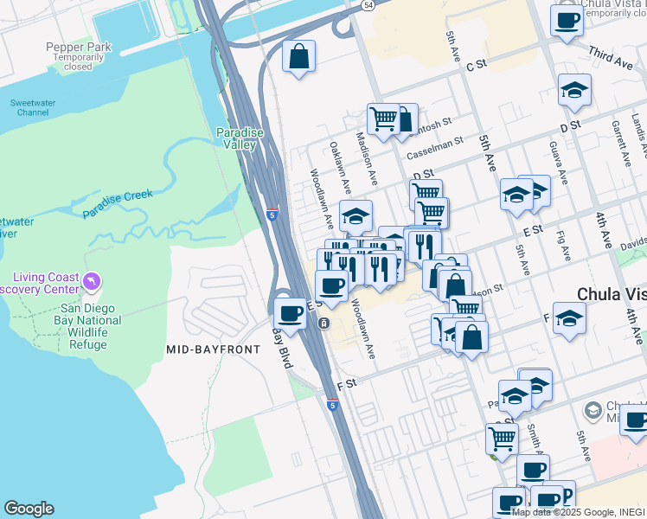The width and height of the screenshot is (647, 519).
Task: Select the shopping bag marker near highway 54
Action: pyautogui.click(x=298, y=57)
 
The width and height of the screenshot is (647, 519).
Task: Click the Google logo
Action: pyautogui.click(x=29, y=509)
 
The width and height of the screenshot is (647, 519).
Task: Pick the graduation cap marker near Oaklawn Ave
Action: pyautogui.click(x=355, y=215)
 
